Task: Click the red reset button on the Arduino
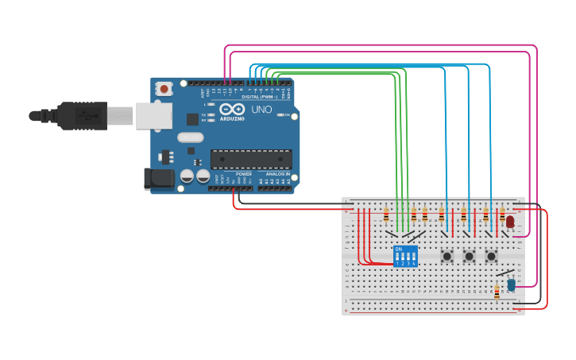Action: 164,89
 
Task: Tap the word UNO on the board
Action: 261,110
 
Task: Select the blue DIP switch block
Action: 405,256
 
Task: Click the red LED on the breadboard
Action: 510,222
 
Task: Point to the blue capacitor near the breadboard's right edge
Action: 511,284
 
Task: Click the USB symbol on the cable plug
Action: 87,116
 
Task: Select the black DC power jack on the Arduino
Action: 158,179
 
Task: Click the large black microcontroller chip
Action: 250,159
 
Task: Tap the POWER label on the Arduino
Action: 244,174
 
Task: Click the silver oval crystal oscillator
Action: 191,137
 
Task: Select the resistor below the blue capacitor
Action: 497,293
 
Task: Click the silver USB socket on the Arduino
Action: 153,116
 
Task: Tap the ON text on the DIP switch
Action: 399,249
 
